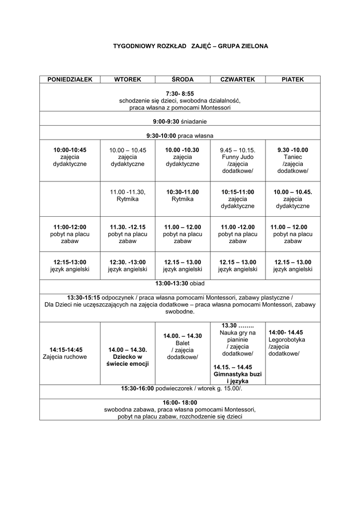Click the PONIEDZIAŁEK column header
coord(70,80)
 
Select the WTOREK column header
coord(128,80)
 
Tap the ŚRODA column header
coord(182,80)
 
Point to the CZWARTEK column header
coord(238,80)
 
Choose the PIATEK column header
coord(293,80)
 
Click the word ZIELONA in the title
coord(253,46)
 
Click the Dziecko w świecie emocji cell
coord(128,357)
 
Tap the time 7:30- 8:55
coord(180,93)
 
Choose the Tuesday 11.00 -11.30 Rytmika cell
coord(128,195)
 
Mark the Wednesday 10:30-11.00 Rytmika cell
coord(182,195)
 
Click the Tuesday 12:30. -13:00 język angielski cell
coord(128,266)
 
